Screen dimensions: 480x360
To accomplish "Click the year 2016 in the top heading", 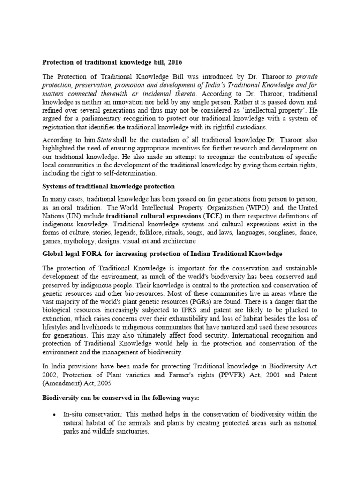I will point(173,62).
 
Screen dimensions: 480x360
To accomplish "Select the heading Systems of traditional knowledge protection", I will point(108,187).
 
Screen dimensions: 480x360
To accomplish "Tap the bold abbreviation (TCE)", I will point(212,216).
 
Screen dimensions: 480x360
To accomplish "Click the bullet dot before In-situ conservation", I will point(55,415).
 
